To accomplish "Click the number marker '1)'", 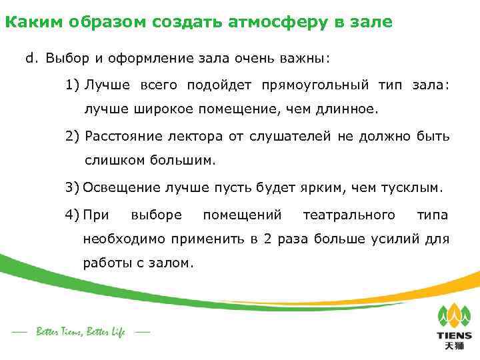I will coord(73,85).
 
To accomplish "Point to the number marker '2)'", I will coord(73,137).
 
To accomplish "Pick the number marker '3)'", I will coord(73,187).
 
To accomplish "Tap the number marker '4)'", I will coord(73,215).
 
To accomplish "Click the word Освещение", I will coord(119,187).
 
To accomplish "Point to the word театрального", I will coord(349,215).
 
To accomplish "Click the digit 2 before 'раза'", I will coord(267,239).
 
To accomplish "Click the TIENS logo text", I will coord(453,336).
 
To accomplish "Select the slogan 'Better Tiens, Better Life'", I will coord(81,332).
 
